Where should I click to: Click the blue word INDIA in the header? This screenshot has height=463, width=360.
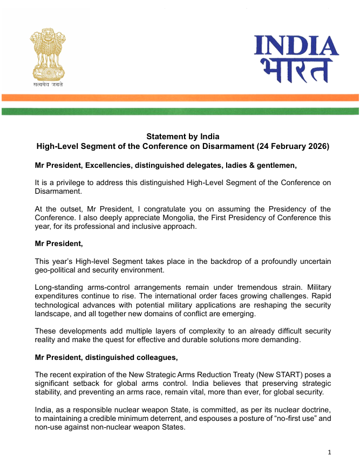[x=296, y=46]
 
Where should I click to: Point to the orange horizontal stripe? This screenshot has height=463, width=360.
[x=180, y=98]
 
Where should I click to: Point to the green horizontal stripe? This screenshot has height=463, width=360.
[x=180, y=111]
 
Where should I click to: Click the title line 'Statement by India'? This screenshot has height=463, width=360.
[x=183, y=137]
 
